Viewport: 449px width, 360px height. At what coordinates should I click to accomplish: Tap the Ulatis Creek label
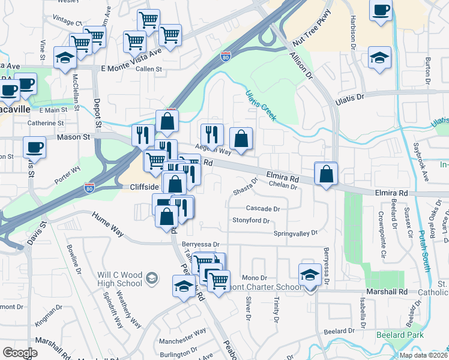click(261, 105)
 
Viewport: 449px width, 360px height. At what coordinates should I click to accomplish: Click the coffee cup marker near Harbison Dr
click(381, 11)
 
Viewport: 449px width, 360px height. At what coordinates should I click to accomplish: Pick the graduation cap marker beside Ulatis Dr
click(379, 58)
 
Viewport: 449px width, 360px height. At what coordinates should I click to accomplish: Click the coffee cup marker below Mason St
click(34, 147)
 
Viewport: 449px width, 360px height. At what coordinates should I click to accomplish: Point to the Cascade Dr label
click(264, 209)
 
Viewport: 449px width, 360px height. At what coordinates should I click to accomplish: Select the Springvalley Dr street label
click(295, 233)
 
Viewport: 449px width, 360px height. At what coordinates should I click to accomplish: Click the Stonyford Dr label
click(251, 220)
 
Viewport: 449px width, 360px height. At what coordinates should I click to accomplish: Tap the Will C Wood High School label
click(120, 280)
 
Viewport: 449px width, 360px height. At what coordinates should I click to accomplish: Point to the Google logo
click(20, 352)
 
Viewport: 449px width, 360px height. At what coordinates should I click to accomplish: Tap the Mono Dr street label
click(255, 278)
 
